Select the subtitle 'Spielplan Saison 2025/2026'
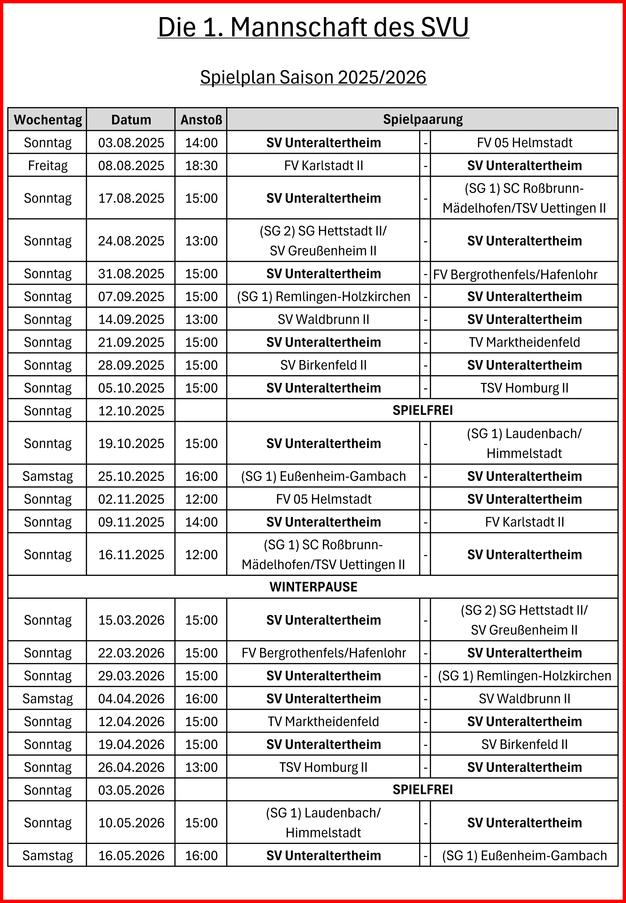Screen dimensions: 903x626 click(x=313, y=77)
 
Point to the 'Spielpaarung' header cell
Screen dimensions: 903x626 click(x=422, y=119)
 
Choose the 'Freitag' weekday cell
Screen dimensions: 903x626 click(x=48, y=166)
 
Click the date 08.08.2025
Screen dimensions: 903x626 click(x=131, y=166)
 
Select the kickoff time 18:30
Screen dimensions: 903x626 click(x=201, y=166)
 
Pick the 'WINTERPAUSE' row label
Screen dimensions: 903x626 click(x=313, y=587)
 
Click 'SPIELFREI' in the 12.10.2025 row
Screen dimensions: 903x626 click(x=422, y=410)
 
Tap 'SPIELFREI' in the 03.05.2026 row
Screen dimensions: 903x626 click(x=422, y=790)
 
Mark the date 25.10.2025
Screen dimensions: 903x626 click(x=131, y=476)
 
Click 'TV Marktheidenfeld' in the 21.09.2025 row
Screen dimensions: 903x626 click(x=524, y=342)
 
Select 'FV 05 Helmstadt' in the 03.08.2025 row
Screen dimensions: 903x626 click(x=524, y=142)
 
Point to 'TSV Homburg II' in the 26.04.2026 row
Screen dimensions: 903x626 click(x=323, y=767)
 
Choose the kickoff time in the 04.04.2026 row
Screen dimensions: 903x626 click(x=201, y=699)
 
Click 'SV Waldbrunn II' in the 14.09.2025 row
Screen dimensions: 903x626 click(x=323, y=320)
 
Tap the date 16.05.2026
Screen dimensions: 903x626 click(x=131, y=856)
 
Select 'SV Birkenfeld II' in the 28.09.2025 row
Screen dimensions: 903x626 click(x=323, y=365)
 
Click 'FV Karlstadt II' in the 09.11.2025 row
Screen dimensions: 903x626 click(x=524, y=522)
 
